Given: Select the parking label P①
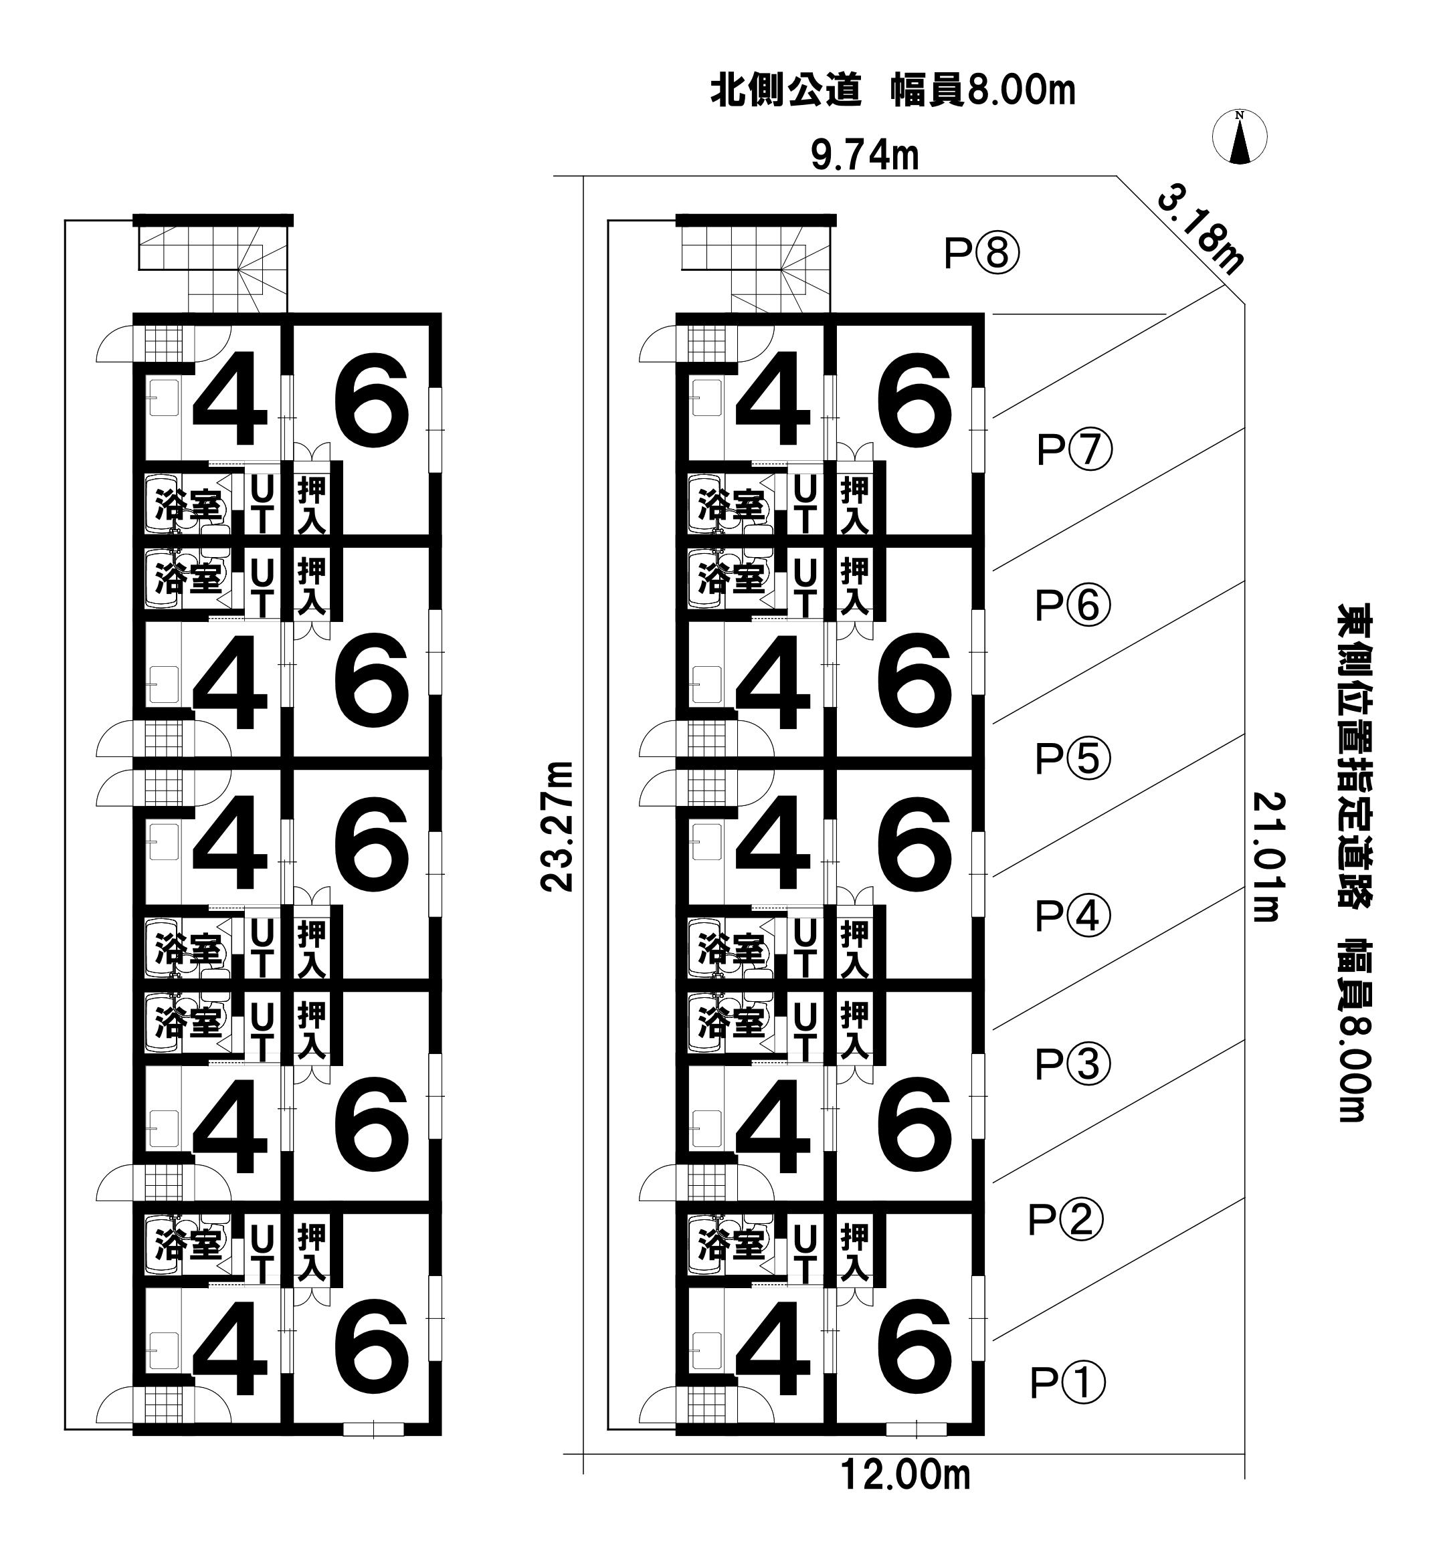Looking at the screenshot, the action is [1068, 1382].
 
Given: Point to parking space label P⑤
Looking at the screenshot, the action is [1072, 759].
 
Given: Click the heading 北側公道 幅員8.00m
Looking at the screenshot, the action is [892, 91].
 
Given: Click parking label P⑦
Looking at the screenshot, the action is [1075, 451].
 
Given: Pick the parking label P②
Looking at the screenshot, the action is [1066, 1220].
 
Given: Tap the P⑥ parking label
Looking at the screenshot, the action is [1072, 606].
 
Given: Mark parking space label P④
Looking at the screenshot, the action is [1072, 916].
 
